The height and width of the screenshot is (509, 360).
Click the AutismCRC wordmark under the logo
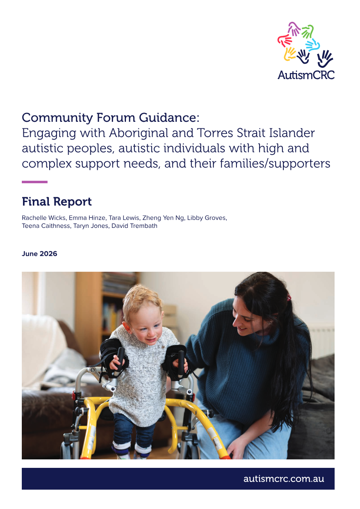point(306,75)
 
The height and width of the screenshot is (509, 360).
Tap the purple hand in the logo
point(294,29)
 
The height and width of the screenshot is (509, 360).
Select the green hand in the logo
point(308,31)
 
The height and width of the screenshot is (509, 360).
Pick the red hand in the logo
point(284,40)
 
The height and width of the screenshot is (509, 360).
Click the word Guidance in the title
point(169,117)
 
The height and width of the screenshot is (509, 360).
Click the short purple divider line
point(35,182)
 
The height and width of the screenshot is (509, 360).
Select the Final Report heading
point(57,202)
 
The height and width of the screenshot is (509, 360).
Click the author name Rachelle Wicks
point(44,218)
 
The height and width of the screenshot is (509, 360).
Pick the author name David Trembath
point(134,226)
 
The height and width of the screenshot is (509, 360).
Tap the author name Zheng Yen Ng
point(163,218)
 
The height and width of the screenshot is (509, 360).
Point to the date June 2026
point(39,254)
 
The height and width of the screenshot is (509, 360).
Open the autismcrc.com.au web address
point(284,479)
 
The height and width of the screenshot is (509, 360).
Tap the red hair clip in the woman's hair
point(289,297)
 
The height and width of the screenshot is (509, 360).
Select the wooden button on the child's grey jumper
point(163,347)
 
